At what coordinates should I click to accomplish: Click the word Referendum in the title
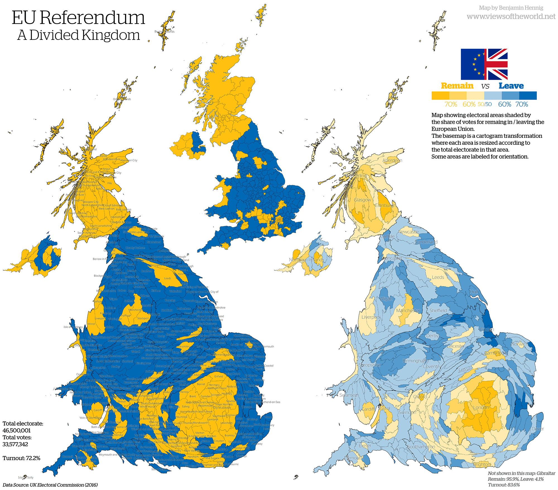(x=92, y=18)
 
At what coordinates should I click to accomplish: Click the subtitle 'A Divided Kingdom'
(x=78, y=35)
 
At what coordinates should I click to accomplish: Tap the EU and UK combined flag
(x=484, y=64)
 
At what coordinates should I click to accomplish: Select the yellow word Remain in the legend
(x=457, y=86)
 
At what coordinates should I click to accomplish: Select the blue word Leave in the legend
(x=511, y=86)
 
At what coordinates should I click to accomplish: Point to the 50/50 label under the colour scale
(x=484, y=104)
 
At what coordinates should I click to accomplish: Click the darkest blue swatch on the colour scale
(x=528, y=96)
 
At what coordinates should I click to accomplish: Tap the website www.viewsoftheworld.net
(x=511, y=16)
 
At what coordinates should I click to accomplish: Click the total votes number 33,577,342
(x=15, y=444)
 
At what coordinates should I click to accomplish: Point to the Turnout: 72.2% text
(x=21, y=458)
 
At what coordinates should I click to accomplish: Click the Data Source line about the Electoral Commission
(x=50, y=485)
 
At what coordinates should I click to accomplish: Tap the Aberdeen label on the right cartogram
(x=392, y=160)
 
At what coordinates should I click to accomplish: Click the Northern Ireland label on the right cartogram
(x=306, y=260)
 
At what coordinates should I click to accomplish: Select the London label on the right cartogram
(x=481, y=407)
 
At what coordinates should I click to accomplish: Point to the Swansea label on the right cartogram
(x=348, y=395)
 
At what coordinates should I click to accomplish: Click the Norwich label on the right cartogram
(x=519, y=344)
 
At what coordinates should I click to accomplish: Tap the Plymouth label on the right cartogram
(x=353, y=458)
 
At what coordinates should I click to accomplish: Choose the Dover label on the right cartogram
(x=537, y=429)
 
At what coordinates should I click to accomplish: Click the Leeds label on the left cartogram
(x=168, y=278)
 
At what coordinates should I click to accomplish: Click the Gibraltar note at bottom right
(x=521, y=479)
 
